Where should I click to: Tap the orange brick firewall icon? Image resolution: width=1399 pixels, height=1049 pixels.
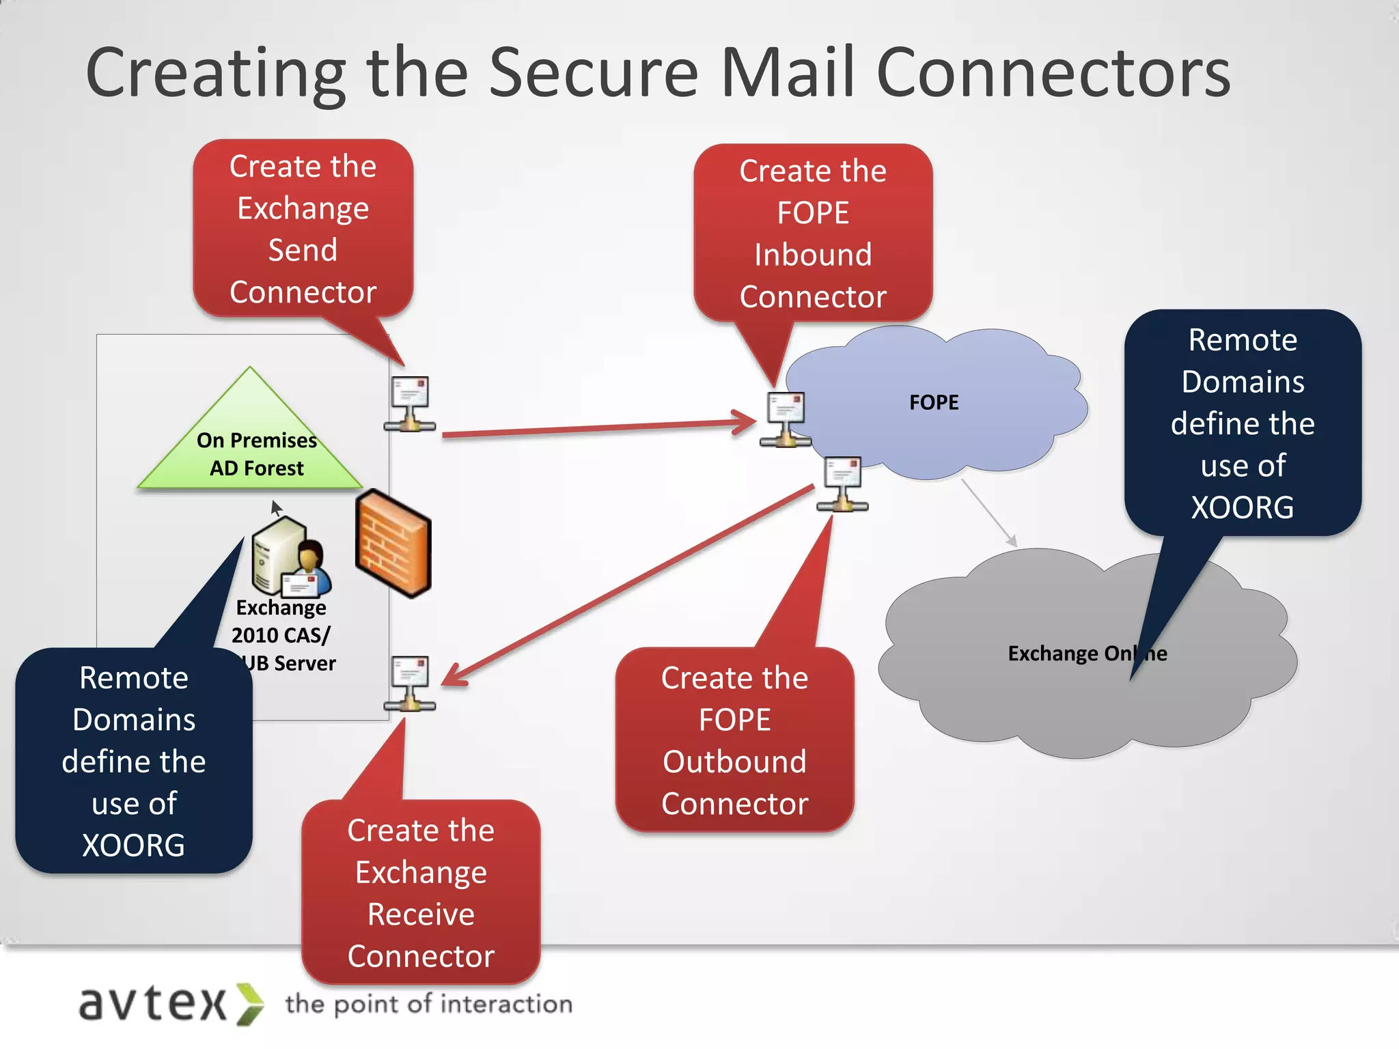pos(393,544)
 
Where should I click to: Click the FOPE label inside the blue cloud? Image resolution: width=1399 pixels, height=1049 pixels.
pos(933,402)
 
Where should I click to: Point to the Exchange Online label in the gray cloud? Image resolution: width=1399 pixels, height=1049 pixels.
pos(1086,654)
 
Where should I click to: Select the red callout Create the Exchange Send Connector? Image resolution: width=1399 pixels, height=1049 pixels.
pos(303,229)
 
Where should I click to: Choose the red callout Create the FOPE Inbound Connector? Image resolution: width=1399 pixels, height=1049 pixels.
pos(812,233)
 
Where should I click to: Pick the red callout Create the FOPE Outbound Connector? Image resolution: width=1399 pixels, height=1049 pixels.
pos(734,740)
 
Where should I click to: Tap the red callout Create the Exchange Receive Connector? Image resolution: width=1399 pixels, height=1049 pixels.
pos(421,893)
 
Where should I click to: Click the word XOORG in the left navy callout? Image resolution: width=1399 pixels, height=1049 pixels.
pos(134,845)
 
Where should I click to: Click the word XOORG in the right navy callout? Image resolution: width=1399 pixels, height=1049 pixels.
pos(1242,507)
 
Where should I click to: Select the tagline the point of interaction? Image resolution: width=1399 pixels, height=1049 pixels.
pos(428,1004)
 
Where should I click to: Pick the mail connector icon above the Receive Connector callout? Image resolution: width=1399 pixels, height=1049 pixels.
pos(410,684)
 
